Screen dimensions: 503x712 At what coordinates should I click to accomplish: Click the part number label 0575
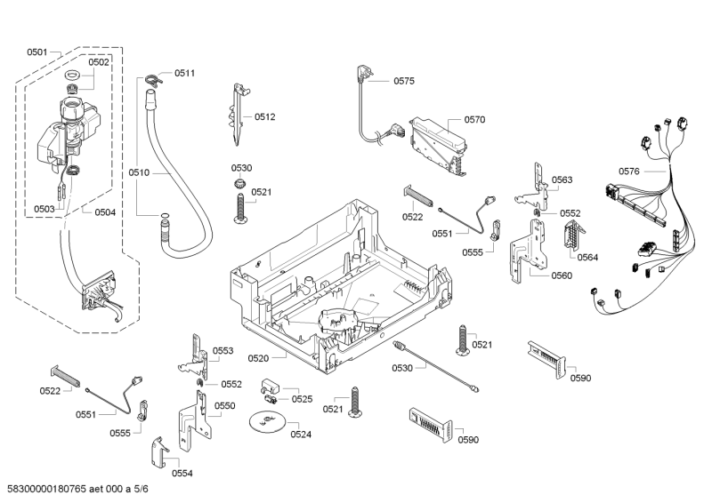tap(405, 81)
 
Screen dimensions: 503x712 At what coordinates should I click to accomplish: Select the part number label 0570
tap(474, 118)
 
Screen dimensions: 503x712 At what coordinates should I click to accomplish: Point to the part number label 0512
tap(265, 116)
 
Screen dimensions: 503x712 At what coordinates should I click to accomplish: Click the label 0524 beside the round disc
tap(301, 435)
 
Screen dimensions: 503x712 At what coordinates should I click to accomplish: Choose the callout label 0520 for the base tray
tap(258, 358)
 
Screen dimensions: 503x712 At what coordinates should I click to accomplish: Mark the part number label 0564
tap(587, 257)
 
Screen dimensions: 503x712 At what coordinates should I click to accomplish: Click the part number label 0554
tap(182, 473)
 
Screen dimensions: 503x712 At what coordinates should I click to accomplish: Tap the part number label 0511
tap(184, 72)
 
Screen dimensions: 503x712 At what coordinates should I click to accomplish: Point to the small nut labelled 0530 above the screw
tap(239, 183)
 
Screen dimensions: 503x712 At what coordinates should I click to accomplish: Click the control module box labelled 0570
tap(436, 142)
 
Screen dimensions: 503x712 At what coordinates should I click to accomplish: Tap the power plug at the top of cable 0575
tap(364, 72)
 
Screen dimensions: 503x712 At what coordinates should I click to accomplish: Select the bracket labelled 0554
tap(158, 454)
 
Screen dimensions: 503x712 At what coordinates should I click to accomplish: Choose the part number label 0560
tap(562, 275)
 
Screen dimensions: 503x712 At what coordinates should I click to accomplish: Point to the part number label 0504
tap(105, 212)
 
